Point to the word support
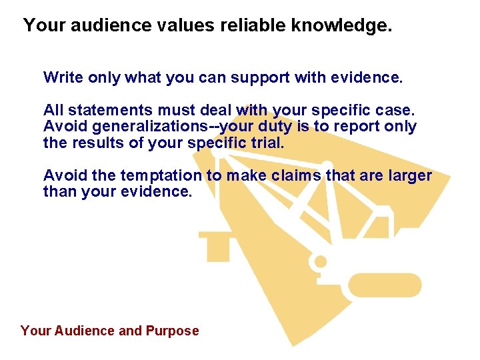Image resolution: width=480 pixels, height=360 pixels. (260, 77)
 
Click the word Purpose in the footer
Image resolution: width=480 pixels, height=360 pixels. (171, 331)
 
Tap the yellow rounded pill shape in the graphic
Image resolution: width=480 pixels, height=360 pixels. (385, 285)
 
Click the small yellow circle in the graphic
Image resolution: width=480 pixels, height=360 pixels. (321, 261)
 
